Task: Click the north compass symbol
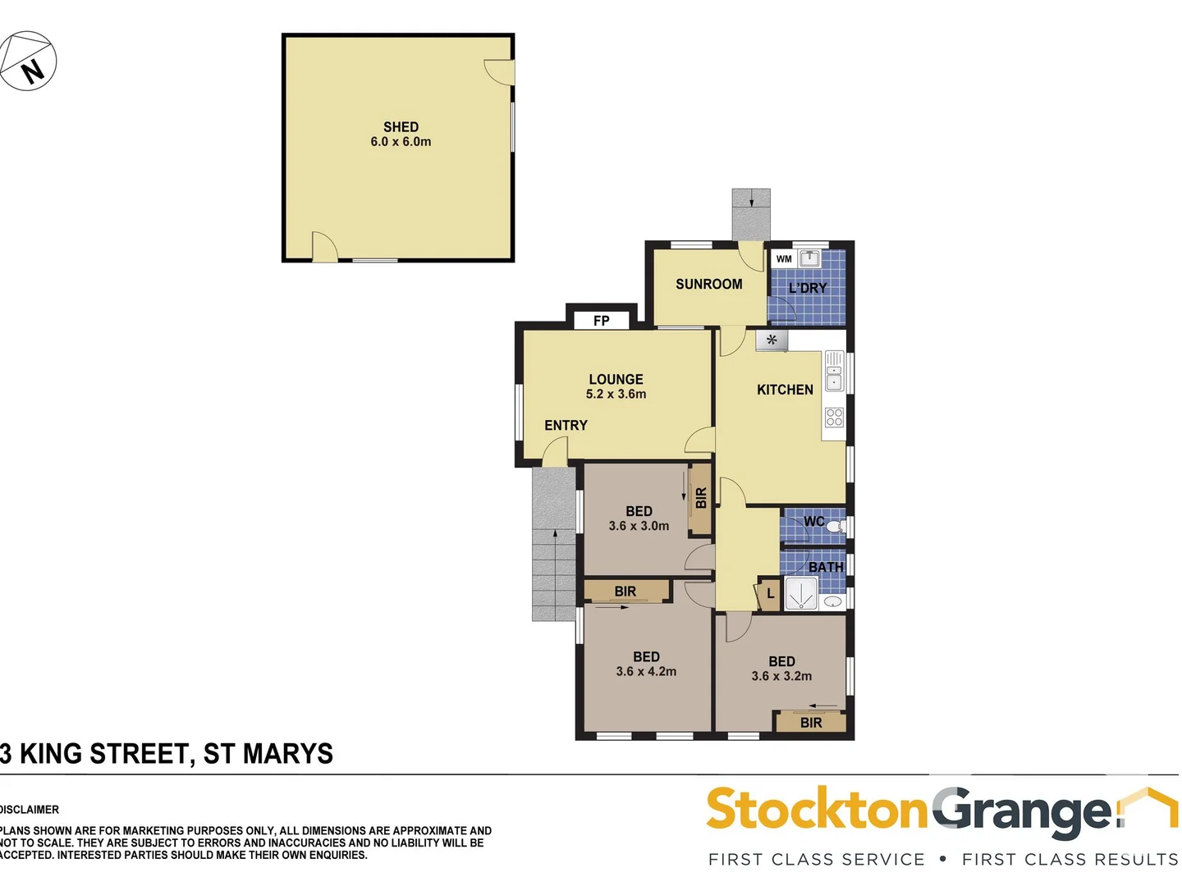(x=29, y=62)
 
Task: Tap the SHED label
(x=401, y=127)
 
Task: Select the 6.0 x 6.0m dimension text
(x=401, y=142)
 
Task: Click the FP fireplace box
(x=602, y=320)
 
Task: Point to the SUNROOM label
(x=708, y=285)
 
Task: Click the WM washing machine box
(x=784, y=259)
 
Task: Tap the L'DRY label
(x=808, y=288)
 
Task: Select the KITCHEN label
(x=785, y=390)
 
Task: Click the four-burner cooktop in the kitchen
(x=834, y=418)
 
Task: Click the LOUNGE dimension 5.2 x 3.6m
(x=616, y=395)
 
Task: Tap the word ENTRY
(x=566, y=425)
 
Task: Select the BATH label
(x=825, y=567)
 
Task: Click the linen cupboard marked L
(x=770, y=593)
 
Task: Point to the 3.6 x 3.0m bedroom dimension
(x=639, y=526)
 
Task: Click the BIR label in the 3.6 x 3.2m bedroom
(x=811, y=723)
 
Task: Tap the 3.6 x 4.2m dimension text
(x=646, y=672)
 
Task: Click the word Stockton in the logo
(x=817, y=811)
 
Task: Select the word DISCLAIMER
(x=30, y=810)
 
